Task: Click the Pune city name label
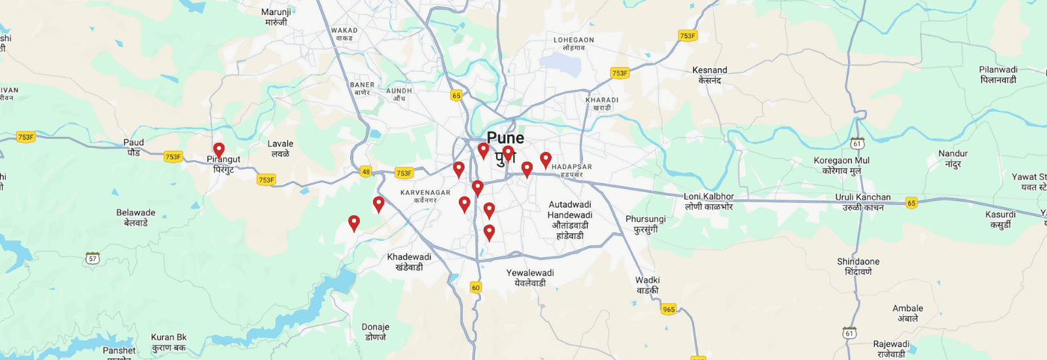(505, 138)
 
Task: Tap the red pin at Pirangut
(219, 151)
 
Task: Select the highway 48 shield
(366, 172)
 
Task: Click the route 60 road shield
(476, 287)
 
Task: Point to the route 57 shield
(93, 259)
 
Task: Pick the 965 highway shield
(668, 310)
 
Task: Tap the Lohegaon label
(574, 43)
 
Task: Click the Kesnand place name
(710, 75)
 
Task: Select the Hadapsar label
(571, 170)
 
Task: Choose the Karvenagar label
(425, 196)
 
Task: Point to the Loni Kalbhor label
(709, 201)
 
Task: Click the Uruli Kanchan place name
(863, 202)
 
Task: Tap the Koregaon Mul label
(842, 165)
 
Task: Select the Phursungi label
(645, 224)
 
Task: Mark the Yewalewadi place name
(530, 278)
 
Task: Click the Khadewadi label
(409, 262)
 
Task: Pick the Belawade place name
(136, 217)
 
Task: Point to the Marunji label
(276, 16)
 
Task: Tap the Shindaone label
(858, 266)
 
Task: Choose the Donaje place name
(376, 332)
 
